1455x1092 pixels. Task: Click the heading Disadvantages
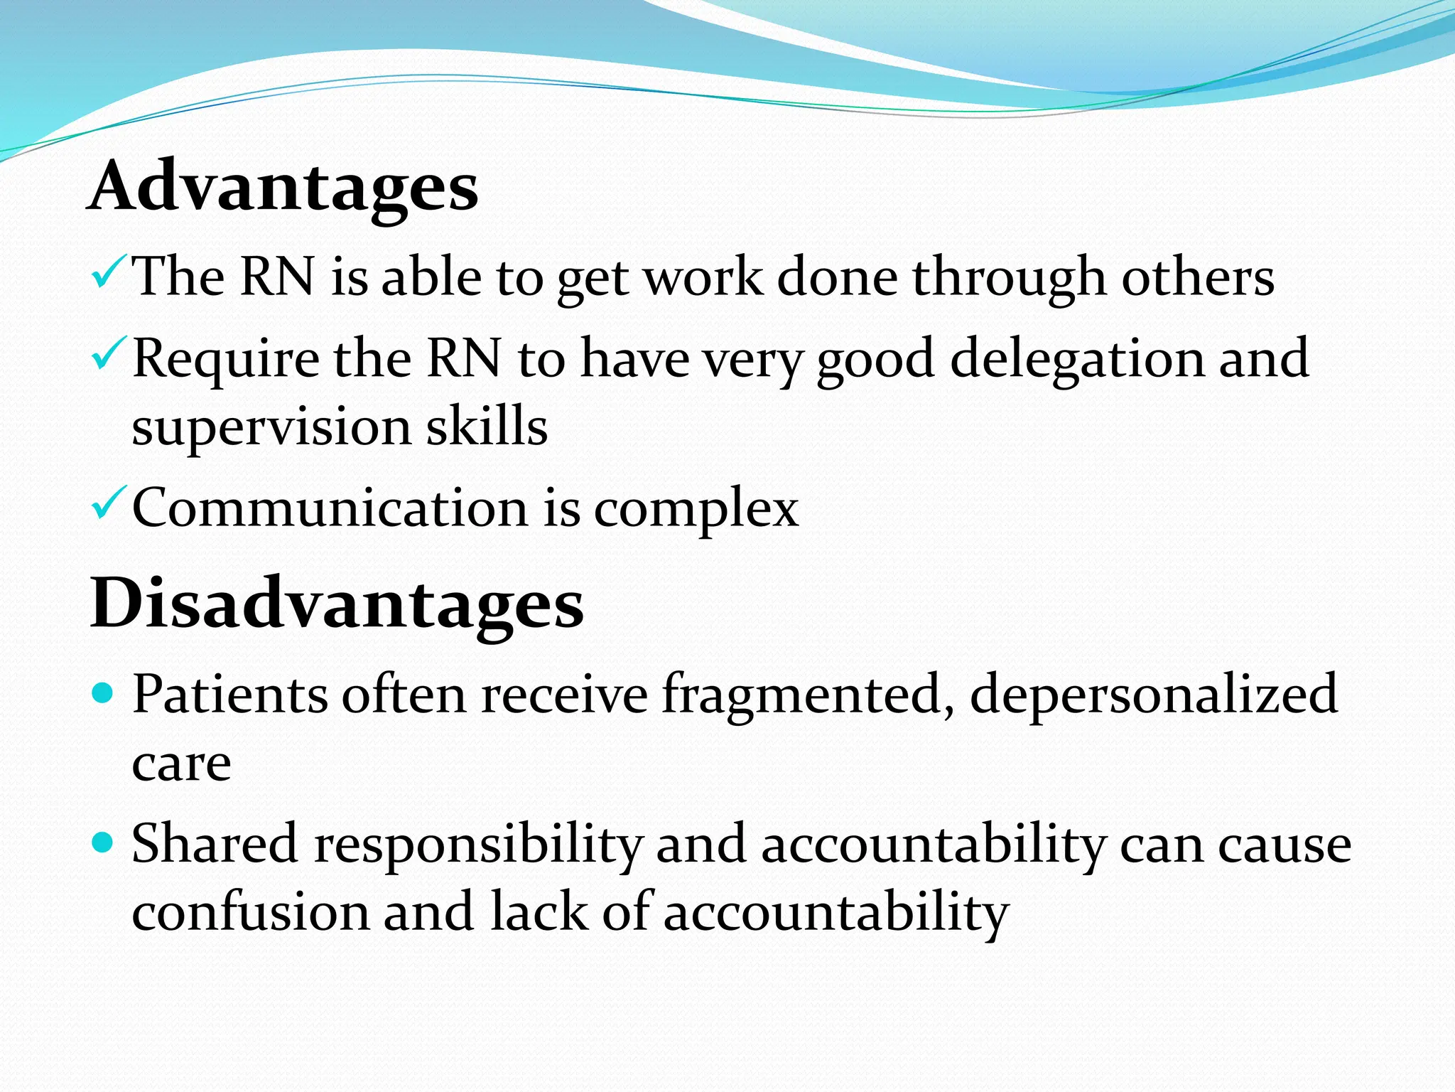pyautogui.click(x=337, y=604)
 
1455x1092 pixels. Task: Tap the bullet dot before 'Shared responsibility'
pyautogui.click(x=104, y=843)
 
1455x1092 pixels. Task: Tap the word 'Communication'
pyautogui.click(x=330, y=508)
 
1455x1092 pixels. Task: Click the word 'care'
pyautogui.click(x=182, y=764)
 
